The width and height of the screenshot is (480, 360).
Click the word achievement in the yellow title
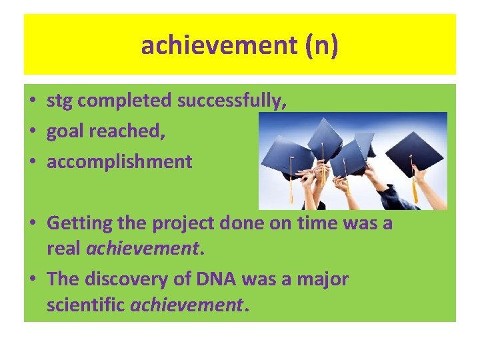click(213, 45)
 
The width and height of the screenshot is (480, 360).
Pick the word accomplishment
click(119, 161)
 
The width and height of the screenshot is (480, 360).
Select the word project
click(189, 223)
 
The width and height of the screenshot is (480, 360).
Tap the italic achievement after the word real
click(143, 249)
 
